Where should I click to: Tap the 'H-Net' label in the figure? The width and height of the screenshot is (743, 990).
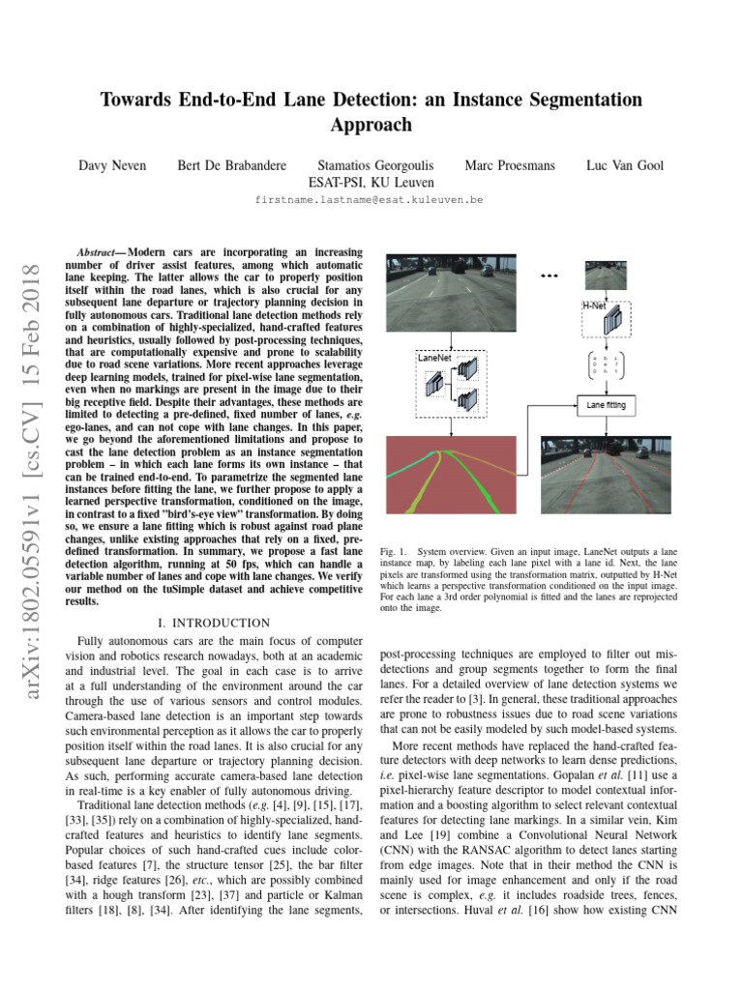(594, 305)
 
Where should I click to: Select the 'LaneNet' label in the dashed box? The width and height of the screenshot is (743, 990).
(434, 357)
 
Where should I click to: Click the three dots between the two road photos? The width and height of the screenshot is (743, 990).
(550, 277)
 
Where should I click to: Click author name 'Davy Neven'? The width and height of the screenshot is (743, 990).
(112, 165)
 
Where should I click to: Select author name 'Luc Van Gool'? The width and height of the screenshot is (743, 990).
(625, 165)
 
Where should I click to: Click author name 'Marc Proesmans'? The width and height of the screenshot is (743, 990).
(510, 165)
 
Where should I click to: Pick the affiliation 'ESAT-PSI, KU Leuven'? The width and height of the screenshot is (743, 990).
(371, 182)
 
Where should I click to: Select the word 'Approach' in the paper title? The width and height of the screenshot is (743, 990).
(371, 125)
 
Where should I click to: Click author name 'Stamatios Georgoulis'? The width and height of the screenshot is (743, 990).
(376, 165)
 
